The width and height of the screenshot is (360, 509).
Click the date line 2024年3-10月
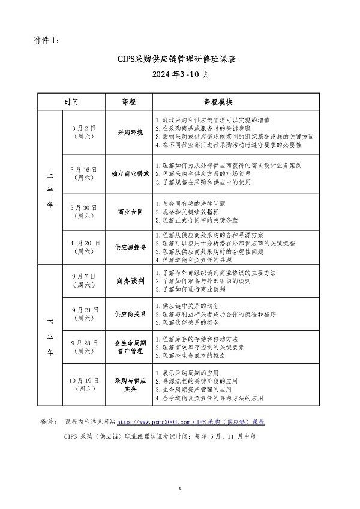coord(180,75)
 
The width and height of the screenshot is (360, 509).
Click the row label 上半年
coord(50,189)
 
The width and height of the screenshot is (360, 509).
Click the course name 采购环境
coord(130,132)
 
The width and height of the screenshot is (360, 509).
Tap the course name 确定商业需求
coord(130,173)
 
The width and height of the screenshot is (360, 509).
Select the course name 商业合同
coord(130,212)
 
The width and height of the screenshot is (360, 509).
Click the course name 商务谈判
coord(130,280)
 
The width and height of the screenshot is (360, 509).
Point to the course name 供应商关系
coord(130,313)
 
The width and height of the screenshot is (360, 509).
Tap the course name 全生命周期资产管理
coord(130,347)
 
